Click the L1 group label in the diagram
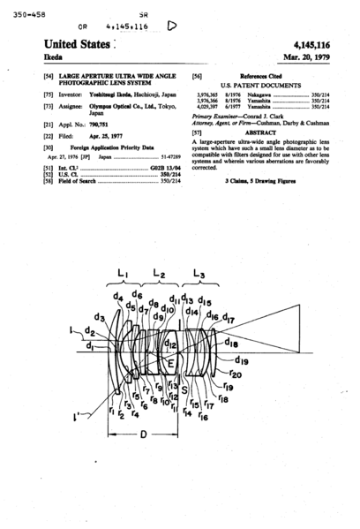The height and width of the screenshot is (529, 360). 124,276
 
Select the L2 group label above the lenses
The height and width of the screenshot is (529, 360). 160,276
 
